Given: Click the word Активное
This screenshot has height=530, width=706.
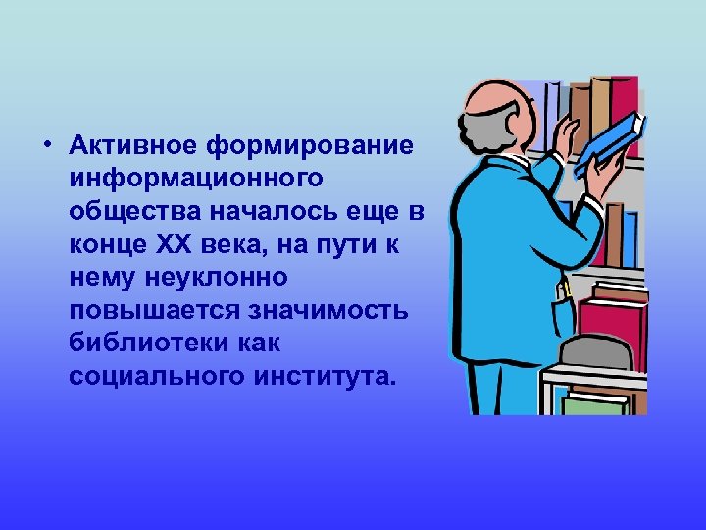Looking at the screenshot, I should (x=134, y=146).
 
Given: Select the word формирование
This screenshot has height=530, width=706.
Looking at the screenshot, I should (x=311, y=146).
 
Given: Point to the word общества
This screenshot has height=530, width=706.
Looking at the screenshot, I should (x=124, y=213).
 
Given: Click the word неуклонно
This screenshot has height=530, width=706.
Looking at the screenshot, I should (x=219, y=280).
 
